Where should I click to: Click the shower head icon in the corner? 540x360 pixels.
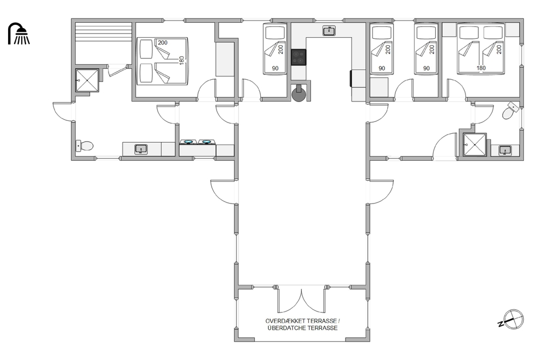pos(19,33)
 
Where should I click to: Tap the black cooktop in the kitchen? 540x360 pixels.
pos(298,57)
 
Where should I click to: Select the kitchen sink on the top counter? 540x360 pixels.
pos(329,31)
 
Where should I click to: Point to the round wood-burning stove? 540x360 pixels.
pos(298,93)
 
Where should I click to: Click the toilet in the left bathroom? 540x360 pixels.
pos(84,146)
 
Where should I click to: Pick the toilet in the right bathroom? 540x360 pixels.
pos(510,110)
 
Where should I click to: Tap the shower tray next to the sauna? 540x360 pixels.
pos(87,80)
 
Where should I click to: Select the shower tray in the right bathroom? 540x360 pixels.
pos(474,145)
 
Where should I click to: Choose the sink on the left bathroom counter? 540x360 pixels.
pos(141,149)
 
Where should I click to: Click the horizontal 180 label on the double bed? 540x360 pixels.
pos(481,68)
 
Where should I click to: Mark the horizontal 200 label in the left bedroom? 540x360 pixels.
pos(163,43)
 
